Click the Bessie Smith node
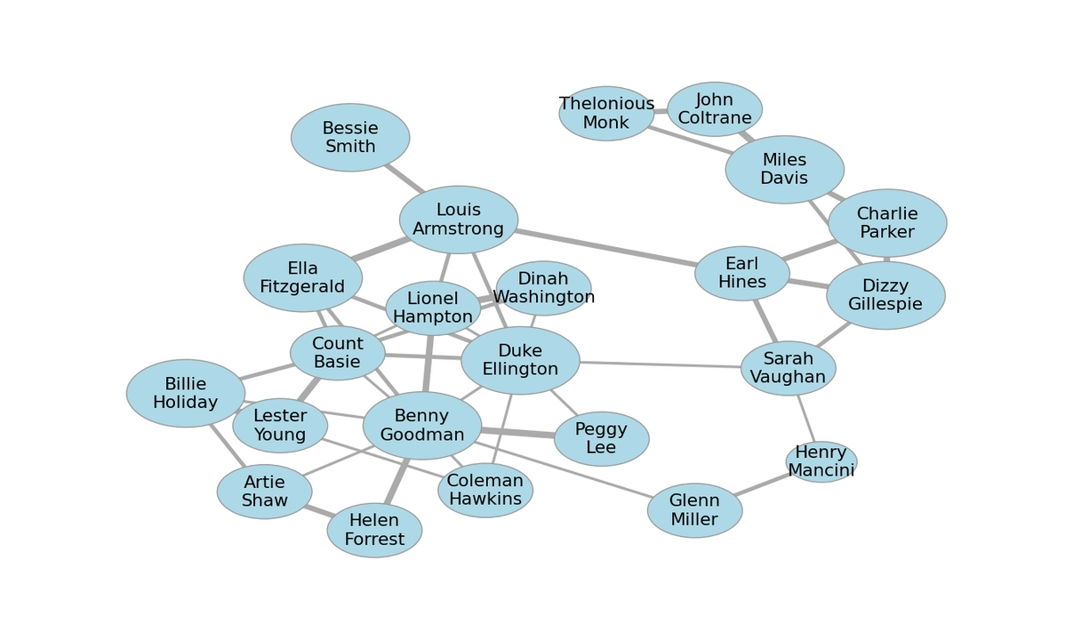coord(350,138)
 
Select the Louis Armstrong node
coord(459,220)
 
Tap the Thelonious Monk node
coord(606,114)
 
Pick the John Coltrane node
coord(715,109)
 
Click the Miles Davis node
coord(784,170)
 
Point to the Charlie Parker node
coord(887,223)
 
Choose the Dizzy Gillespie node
coord(885,295)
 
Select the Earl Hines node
coord(742,273)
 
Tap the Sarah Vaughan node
coord(788,368)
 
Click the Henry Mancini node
coord(821,461)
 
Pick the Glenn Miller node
coord(694,510)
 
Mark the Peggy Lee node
coord(601,439)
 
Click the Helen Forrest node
coord(374,530)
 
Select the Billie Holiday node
coord(186,393)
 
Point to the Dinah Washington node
coord(543,288)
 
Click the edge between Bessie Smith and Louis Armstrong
coord(403,177)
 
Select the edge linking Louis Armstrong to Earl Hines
coord(605,247)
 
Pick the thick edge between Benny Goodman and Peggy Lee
coord(518,433)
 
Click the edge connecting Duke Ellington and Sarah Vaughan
coord(660,364)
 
